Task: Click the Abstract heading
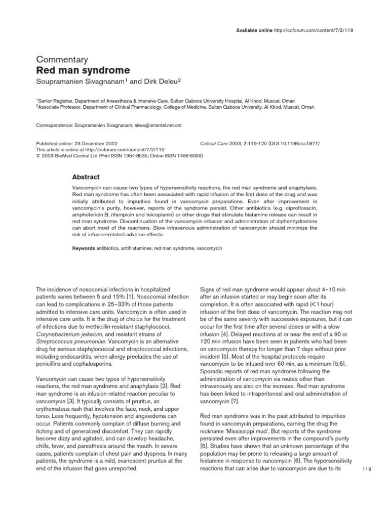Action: click(x=87, y=177)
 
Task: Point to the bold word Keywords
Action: click(x=84, y=249)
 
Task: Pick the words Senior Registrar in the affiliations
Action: click(x=55, y=101)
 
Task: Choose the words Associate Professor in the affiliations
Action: click(x=59, y=107)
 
